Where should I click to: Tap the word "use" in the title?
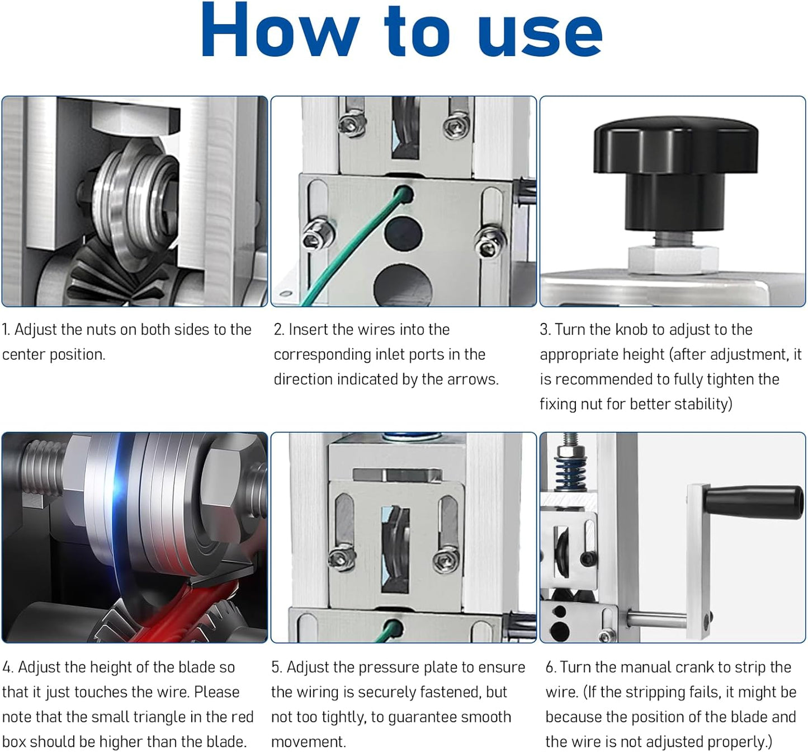pyautogui.click(x=541, y=35)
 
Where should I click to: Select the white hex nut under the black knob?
pyautogui.click(x=673, y=260)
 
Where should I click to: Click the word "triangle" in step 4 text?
pyautogui.click(x=158, y=717)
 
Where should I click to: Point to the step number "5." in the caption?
pyautogui.click(x=277, y=668)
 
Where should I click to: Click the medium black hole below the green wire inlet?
pyautogui.click(x=403, y=234)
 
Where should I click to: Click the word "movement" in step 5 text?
pyautogui.click(x=309, y=741)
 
